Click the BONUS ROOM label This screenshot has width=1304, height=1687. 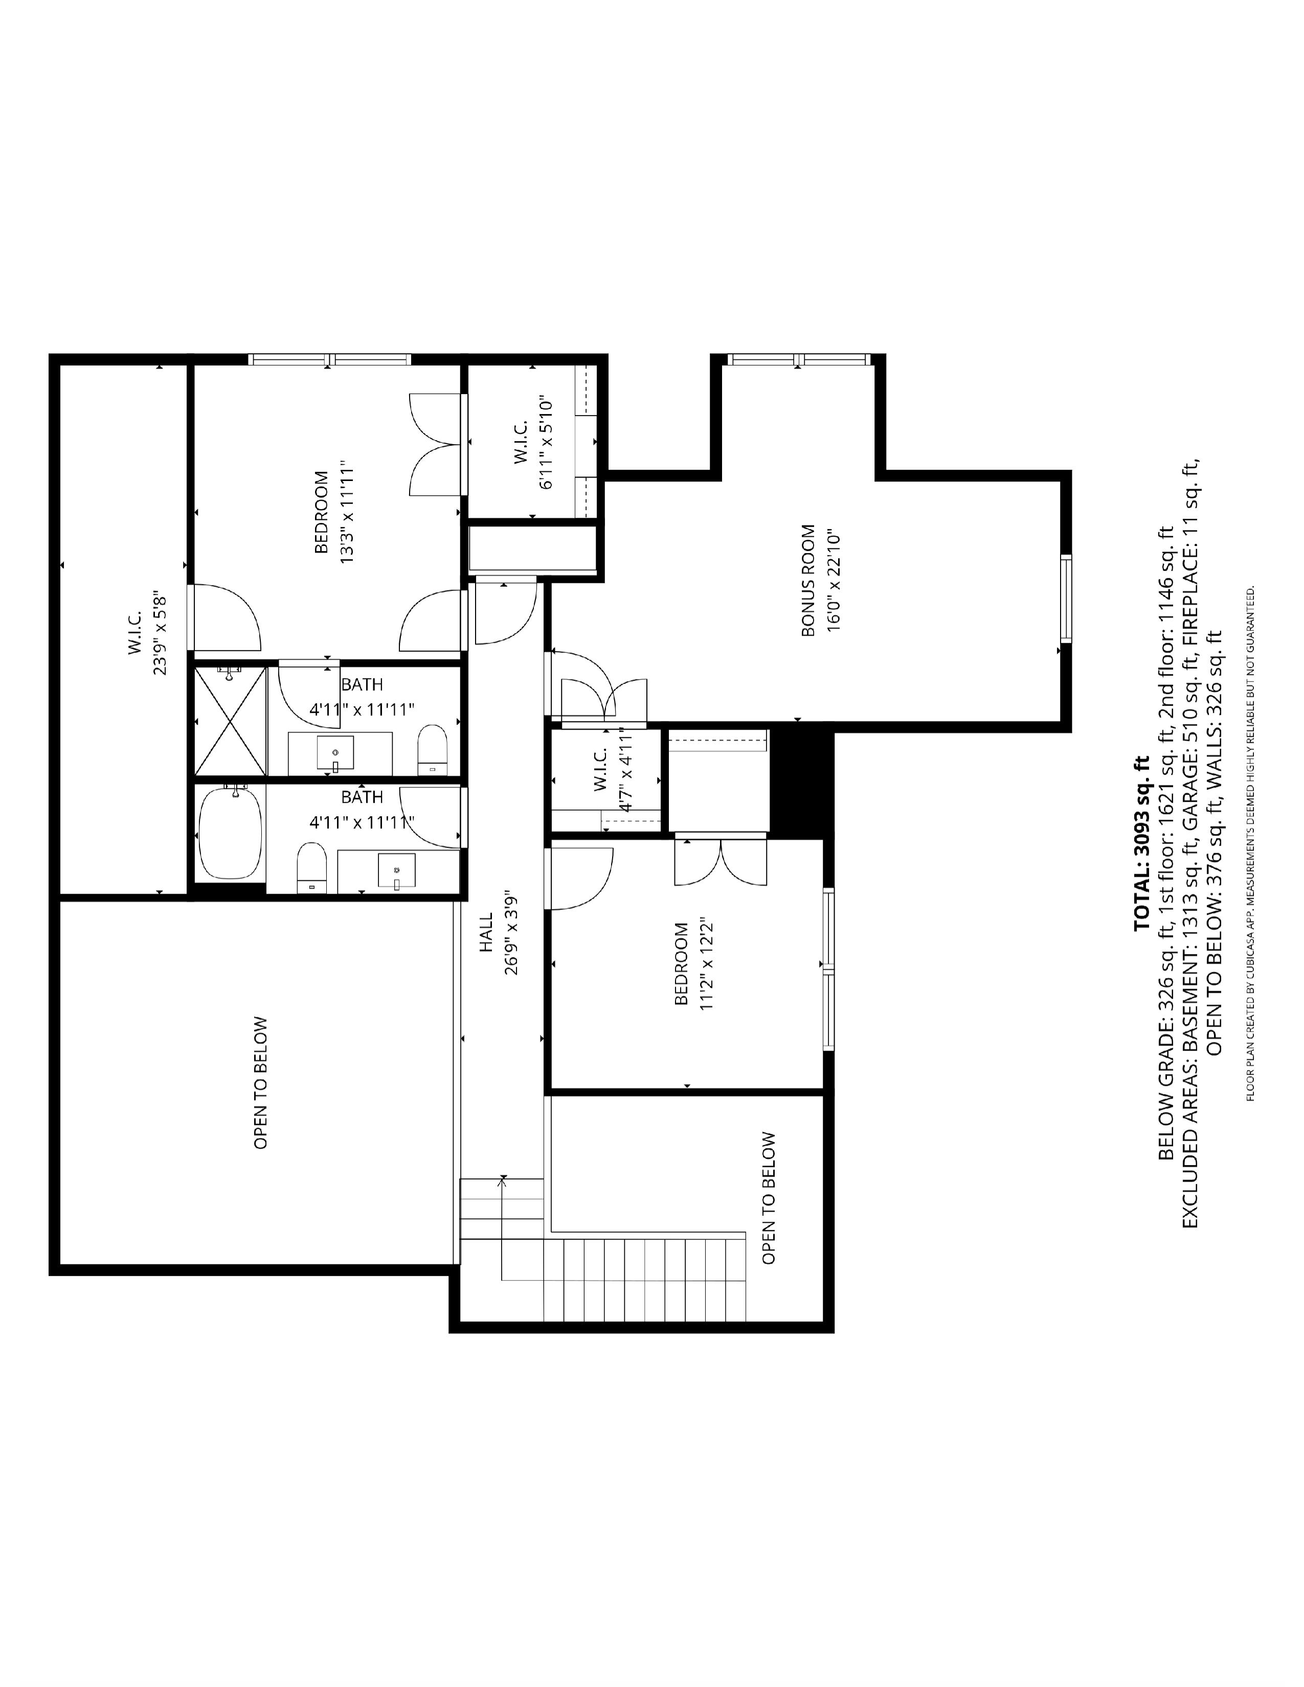[808, 580]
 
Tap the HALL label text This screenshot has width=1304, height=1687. [486, 932]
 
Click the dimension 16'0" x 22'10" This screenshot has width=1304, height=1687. [833, 580]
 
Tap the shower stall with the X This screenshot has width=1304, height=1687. [230, 721]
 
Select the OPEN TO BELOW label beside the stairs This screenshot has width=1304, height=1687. [768, 1198]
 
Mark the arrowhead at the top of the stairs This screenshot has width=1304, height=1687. [503, 1178]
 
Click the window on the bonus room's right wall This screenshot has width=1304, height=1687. [1066, 598]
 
